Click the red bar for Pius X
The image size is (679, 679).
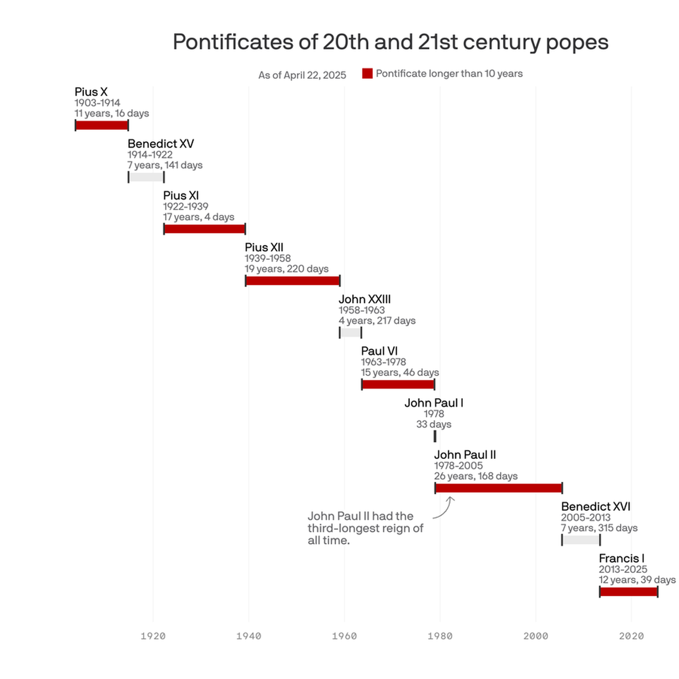102,125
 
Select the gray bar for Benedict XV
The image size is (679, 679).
146,177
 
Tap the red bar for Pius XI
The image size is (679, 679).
205,229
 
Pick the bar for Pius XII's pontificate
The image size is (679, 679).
293,281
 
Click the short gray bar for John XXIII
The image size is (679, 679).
351,332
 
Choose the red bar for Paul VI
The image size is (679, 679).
398,384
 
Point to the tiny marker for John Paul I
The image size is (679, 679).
435,436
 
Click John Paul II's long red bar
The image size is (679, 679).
499,488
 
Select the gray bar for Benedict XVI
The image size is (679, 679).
581,540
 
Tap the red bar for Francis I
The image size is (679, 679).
628,592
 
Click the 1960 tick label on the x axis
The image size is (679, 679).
345,636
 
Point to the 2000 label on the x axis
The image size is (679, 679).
536,636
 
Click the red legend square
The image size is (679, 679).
368,73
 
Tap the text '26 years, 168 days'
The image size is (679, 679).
476,476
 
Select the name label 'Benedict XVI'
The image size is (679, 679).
595,507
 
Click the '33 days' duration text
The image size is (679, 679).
434,424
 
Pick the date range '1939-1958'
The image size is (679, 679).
268,258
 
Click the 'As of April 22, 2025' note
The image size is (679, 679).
302,75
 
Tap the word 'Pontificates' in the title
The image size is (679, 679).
233,42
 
